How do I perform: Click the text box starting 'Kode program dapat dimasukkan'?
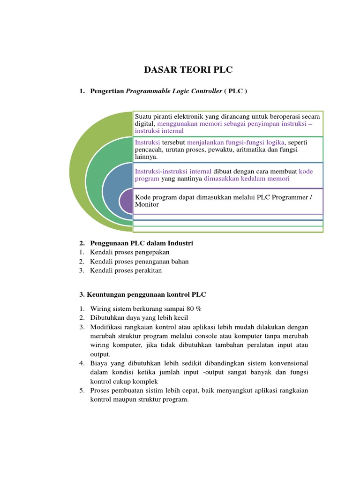point(228,201)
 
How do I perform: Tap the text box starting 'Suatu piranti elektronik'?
point(228,123)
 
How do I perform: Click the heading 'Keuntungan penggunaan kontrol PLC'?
point(142,294)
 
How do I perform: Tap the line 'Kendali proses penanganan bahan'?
point(139,262)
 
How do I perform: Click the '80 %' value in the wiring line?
point(194,308)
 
